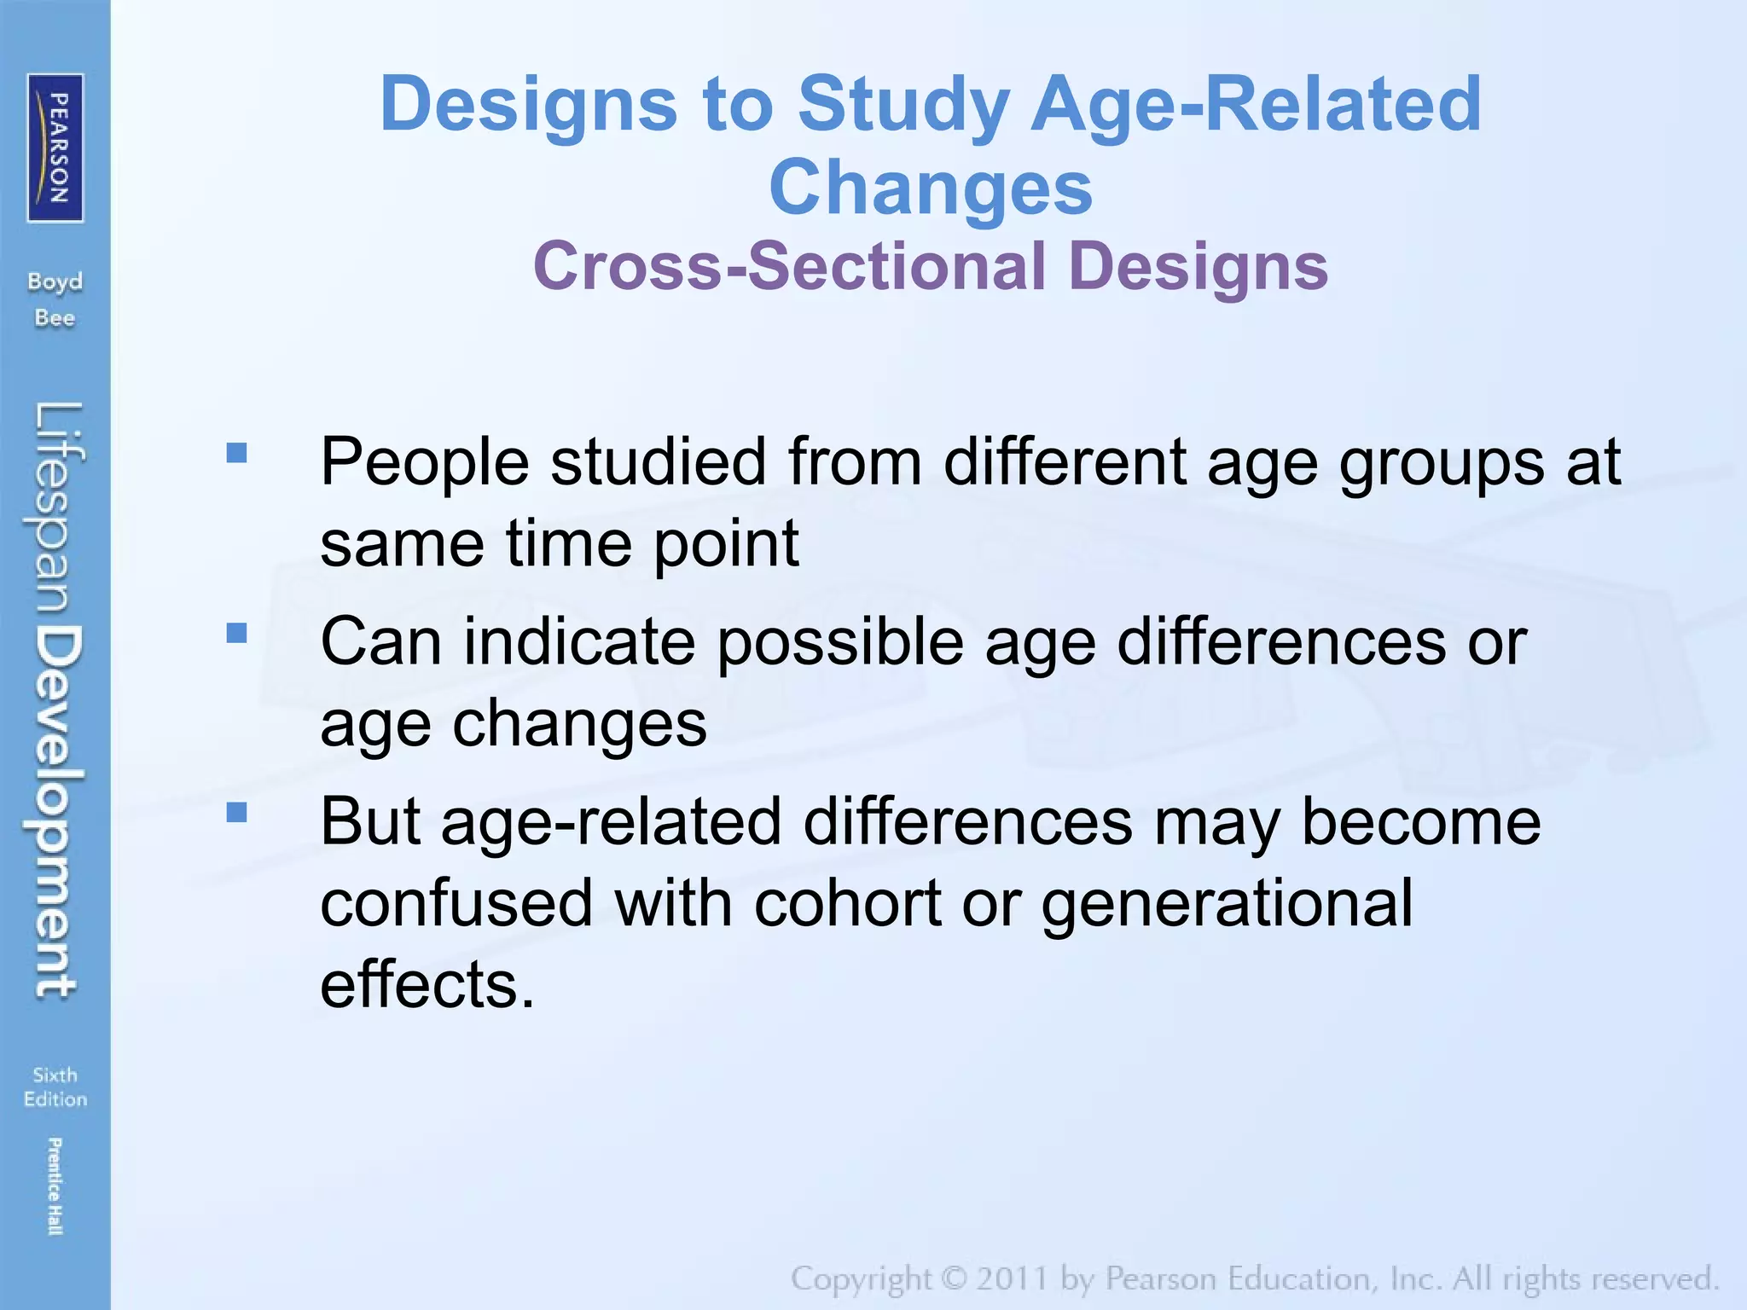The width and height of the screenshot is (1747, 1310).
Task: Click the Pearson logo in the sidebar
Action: click(55, 148)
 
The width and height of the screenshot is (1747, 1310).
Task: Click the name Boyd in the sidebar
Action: click(55, 281)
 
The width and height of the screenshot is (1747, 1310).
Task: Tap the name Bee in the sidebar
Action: click(55, 318)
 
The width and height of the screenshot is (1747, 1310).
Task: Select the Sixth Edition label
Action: click(55, 1087)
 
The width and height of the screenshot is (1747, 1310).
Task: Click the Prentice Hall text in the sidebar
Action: click(55, 1186)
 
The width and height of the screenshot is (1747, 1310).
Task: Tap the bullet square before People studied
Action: click(237, 453)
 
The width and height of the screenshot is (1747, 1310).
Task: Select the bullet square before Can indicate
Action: click(237, 633)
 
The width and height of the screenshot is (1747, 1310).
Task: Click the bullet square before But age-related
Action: click(237, 813)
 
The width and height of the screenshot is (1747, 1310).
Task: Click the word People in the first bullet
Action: click(424, 462)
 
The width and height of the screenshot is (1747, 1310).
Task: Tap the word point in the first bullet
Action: click(726, 545)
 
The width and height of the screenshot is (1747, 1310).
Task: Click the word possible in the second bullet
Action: click(840, 642)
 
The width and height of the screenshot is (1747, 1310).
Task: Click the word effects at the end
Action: click(427, 984)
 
